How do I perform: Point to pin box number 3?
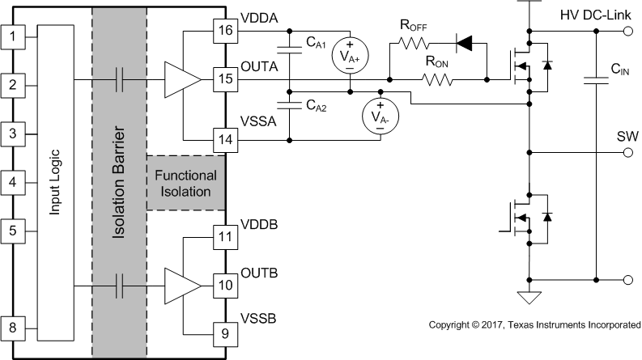click(12, 133)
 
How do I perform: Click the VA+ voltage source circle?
click(349, 57)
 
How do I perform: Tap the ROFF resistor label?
click(413, 28)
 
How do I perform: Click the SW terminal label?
click(627, 135)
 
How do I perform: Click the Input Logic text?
click(56, 181)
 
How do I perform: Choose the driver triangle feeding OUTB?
click(183, 285)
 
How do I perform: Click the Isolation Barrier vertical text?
click(118, 181)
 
